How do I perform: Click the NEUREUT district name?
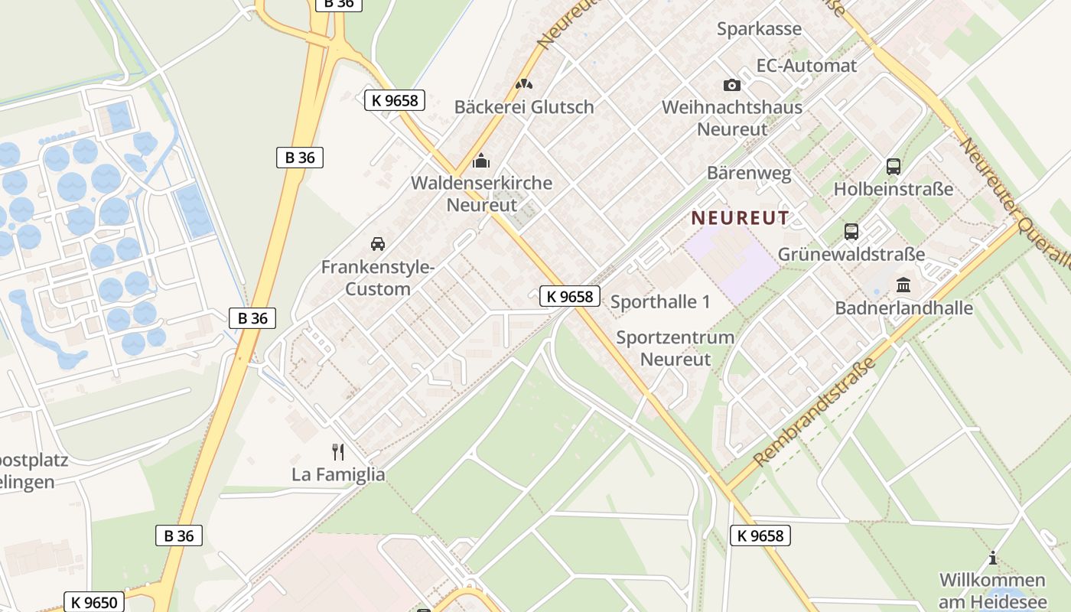pyautogui.click(x=740, y=218)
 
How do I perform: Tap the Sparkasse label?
pyautogui.click(x=759, y=29)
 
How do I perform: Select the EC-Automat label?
pyautogui.click(x=806, y=66)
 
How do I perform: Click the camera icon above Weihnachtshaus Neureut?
pyautogui.click(x=732, y=85)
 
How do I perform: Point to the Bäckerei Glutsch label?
pyautogui.click(x=524, y=107)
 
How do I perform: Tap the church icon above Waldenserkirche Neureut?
pyautogui.click(x=481, y=161)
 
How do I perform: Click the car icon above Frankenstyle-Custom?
pyautogui.click(x=377, y=244)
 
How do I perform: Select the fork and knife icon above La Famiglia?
pyautogui.click(x=338, y=451)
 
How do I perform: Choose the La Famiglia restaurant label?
pyautogui.click(x=338, y=474)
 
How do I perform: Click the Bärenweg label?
pyautogui.click(x=749, y=174)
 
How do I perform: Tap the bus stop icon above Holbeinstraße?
pyautogui.click(x=893, y=166)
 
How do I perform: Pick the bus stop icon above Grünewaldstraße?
pyautogui.click(x=851, y=231)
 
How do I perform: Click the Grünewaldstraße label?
pyautogui.click(x=851, y=254)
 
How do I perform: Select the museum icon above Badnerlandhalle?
pyautogui.click(x=903, y=285)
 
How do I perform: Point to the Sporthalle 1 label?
pyautogui.click(x=660, y=301)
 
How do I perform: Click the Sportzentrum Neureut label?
pyautogui.click(x=675, y=348)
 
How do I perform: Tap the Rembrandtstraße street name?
pyautogui.click(x=815, y=414)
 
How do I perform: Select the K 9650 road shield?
pyautogui.click(x=94, y=602)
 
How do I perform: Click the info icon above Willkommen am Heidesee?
pyautogui.click(x=992, y=558)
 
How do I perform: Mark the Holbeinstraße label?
pyautogui.click(x=893, y=189)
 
